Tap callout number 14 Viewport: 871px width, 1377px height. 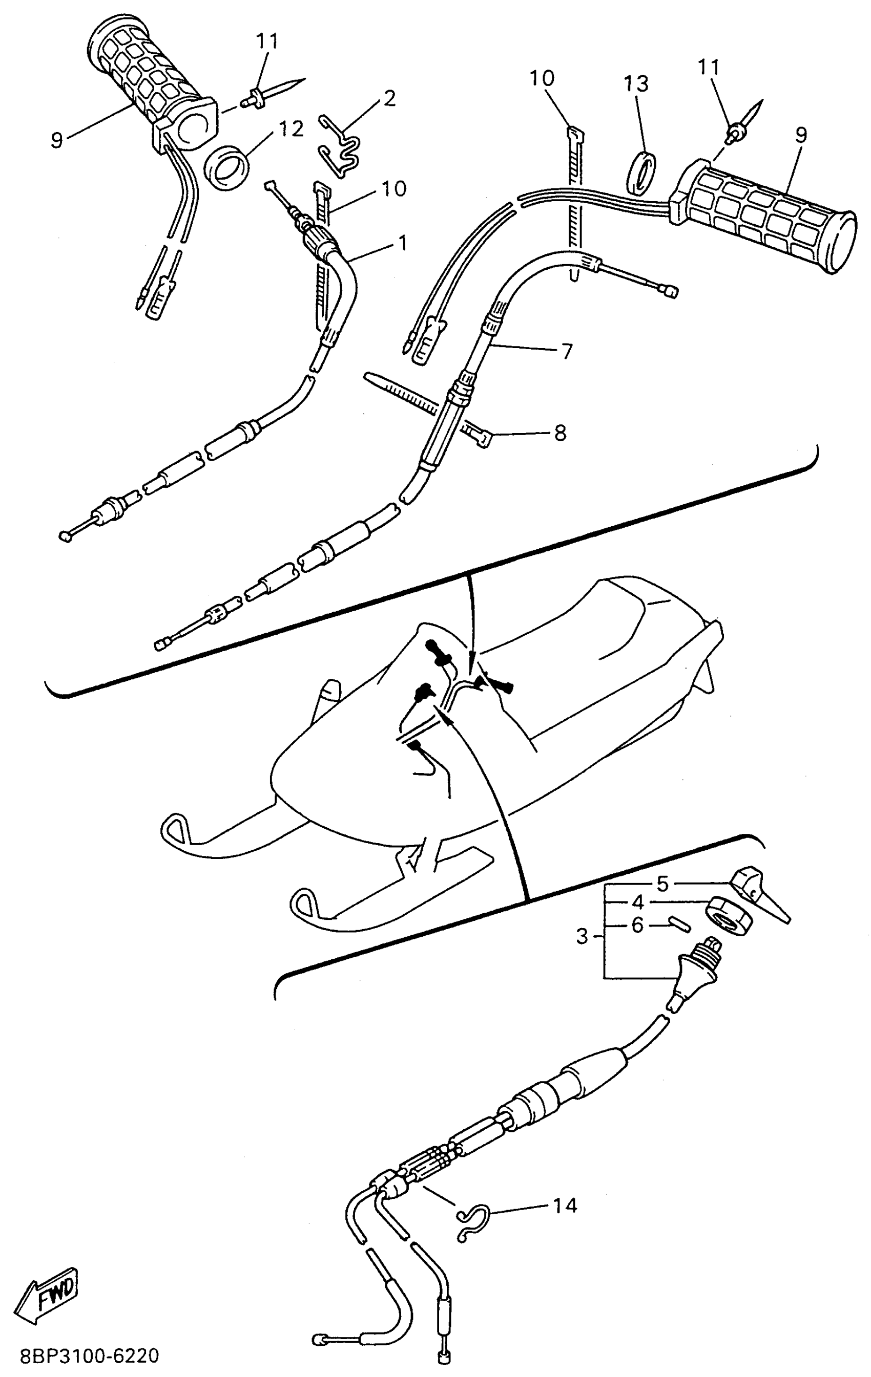(x=565, y=1204)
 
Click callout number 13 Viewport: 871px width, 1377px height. (x=636, y=83)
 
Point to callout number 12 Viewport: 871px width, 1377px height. (x=290, y=129)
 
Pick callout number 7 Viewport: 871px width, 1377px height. (x=567, y=351)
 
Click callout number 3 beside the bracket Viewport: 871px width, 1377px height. (x=582, y=936)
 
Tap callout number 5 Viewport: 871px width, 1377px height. (x=662, y=884)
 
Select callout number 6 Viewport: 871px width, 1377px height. (x=637, y=924)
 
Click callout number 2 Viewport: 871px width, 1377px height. (x=389, y=98)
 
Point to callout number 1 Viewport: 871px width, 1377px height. (x=403, y=243)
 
